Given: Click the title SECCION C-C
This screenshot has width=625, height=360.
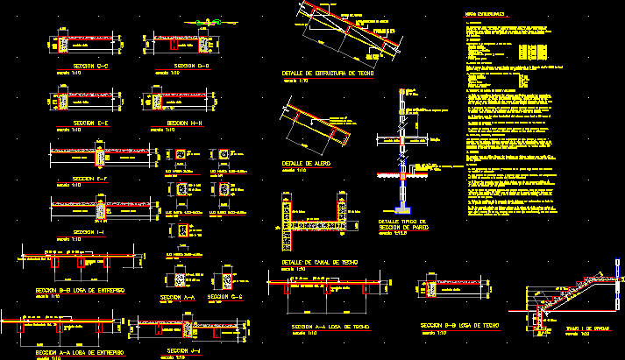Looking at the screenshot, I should coord(90,66).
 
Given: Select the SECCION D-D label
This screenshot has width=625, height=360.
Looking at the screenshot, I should coord(191,66).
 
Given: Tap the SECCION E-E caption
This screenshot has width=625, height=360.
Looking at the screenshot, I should coord(90,124).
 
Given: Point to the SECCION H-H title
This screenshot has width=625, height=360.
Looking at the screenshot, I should coord(184,124).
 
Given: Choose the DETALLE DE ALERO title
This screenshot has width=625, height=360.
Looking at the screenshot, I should coord(305,163).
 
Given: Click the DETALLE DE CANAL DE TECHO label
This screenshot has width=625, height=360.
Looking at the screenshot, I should coord(320,263).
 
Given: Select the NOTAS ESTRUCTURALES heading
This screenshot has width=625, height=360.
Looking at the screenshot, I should coord(485,15).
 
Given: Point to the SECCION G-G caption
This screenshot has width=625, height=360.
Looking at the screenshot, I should coord(224,299).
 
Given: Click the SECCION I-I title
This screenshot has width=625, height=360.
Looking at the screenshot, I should coord(90,232).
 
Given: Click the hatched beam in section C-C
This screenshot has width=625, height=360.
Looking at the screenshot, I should coord(64,44).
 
